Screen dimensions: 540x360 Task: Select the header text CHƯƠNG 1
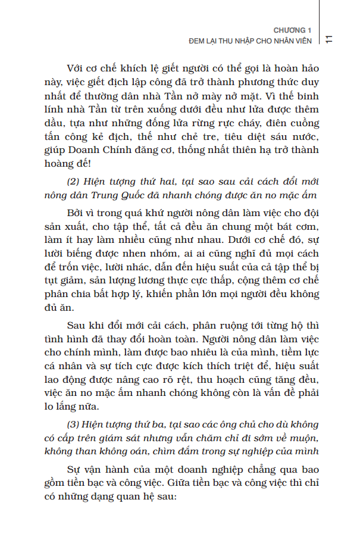(x=292, y=30)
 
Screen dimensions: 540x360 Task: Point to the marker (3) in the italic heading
(x=73, y=424)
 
